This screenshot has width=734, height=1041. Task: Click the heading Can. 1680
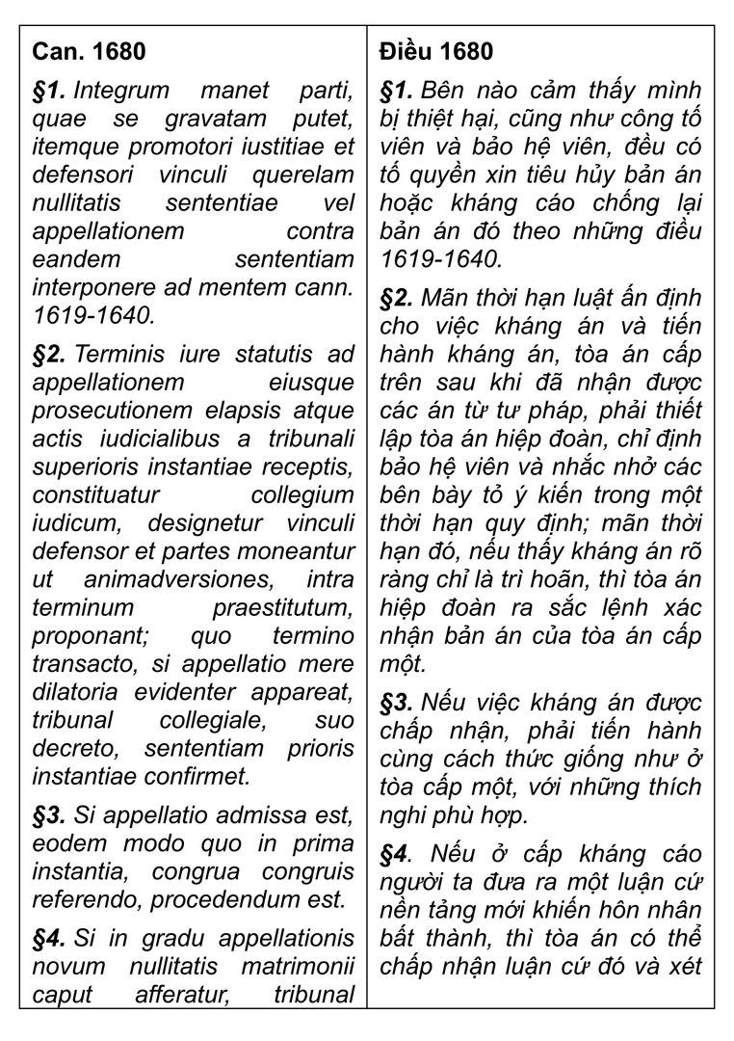click(x=89, y=51)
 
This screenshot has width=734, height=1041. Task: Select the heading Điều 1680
click(x=436, y=51)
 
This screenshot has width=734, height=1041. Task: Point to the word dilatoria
click(x=73, y=692)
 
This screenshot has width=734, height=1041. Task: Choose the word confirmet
click(x=202, y=776)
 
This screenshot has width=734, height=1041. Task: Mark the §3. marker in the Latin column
click(x=49, y=816)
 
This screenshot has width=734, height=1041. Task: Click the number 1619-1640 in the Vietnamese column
click(x=441, y=259)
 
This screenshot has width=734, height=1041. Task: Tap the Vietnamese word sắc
click(x=564, y=609)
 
